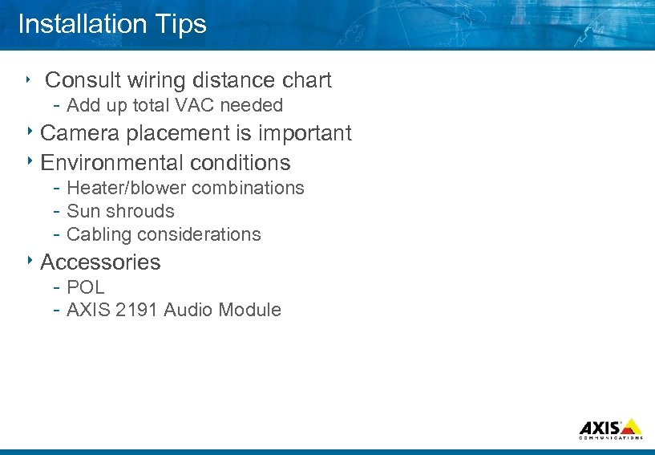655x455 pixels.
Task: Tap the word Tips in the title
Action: (183, 25)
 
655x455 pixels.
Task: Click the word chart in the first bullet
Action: (307, 80)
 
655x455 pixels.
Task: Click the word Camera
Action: (78, 133)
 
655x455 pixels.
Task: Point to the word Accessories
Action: (100, 262)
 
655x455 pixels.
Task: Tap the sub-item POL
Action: (86, 287)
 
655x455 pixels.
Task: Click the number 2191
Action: (137, 310)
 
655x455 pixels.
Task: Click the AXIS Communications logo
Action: (610, 429)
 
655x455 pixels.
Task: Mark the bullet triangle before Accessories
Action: (30, 260)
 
